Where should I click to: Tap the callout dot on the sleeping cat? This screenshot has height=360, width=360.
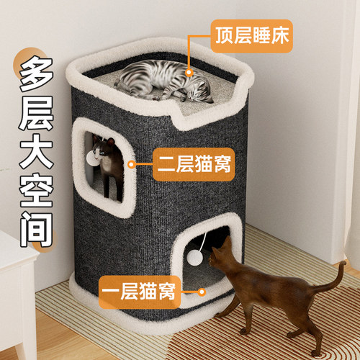190,72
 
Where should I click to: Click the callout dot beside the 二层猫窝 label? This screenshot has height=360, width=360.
132,165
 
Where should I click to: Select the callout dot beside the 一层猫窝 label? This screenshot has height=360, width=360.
202,292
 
